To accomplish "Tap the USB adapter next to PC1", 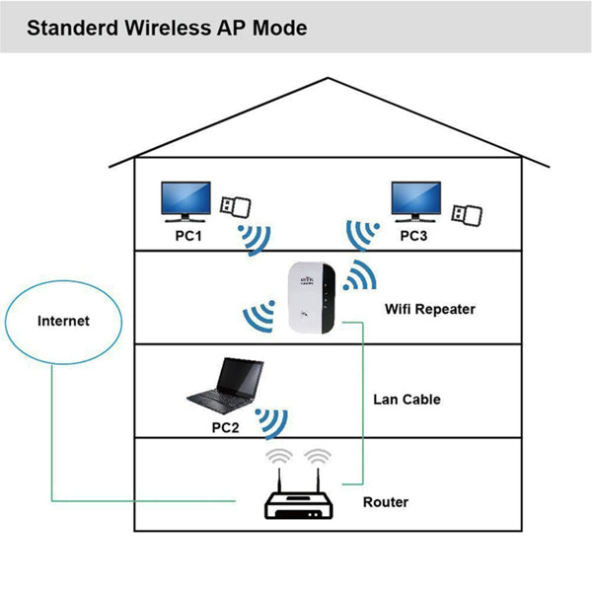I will [235, 207].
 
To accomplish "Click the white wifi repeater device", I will [310, 296].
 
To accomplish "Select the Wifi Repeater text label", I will [429, 309].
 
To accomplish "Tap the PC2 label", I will [226, 428].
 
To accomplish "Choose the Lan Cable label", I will [407, 400].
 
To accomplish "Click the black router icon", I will [300, 503].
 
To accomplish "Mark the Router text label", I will [385, 502].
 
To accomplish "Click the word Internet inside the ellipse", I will [63, 321].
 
